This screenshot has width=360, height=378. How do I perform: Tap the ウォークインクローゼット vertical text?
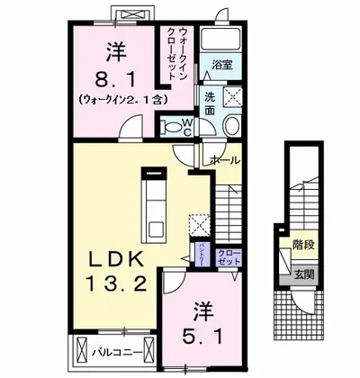176,54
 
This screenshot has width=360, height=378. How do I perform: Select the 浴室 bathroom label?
221,65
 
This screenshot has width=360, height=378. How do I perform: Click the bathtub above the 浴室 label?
221,39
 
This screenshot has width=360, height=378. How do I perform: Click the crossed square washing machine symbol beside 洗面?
231,96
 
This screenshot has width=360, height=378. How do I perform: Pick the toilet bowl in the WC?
168,127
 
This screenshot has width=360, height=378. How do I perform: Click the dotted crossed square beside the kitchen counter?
197,223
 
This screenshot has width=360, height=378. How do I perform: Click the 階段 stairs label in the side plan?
301,243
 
